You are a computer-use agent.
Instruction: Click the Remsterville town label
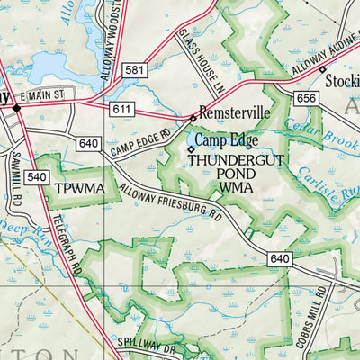pyautogui.click(x=233, y=117)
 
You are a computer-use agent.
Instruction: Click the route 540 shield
pyautogui.click(x=36, y=176)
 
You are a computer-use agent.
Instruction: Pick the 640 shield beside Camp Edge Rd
pyautogui.click(x=88, y=144)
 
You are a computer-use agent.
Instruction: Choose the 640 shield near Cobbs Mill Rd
pyautogui.click(x=279, y=258)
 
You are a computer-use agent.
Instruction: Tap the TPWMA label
pyautogui.click(x=80, y=189)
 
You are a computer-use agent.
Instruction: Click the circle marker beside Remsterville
pyautogui.click(x=192, y=117)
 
